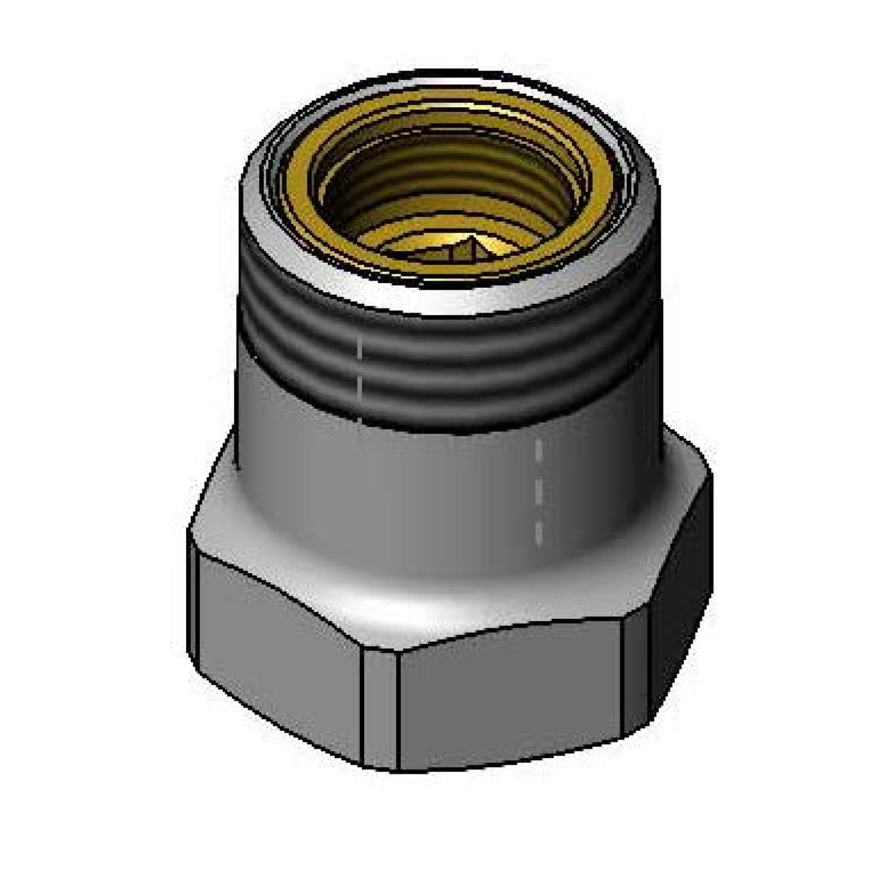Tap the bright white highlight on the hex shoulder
(x=385, y=608)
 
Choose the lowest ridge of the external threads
(x=446, y=391)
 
